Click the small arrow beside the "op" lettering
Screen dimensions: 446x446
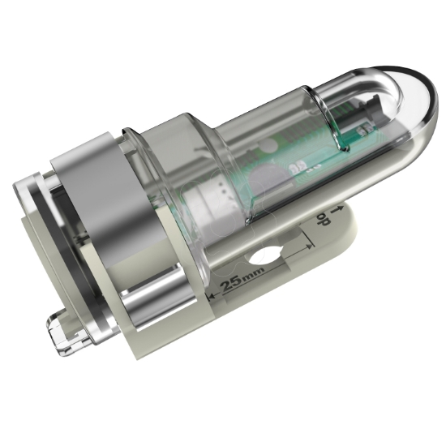tap(332, 208)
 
